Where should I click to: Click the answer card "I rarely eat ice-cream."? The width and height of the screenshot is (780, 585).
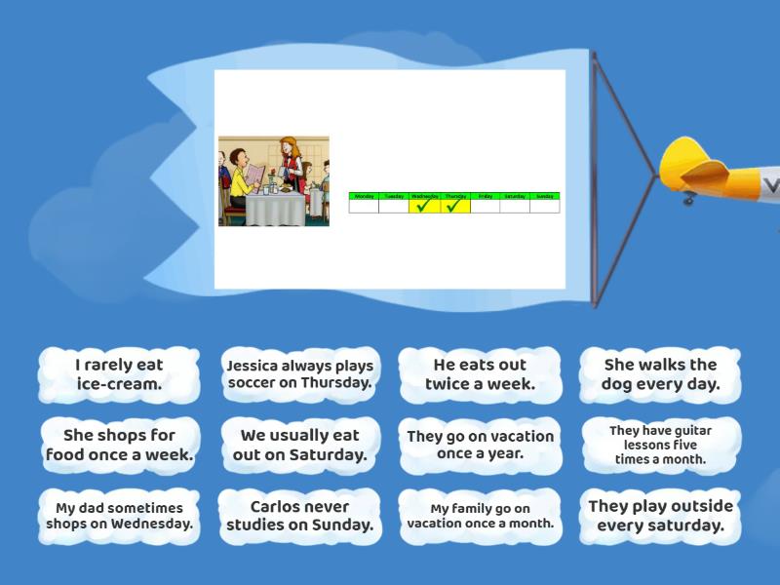pos(119,374)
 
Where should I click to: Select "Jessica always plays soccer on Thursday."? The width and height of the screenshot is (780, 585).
pos(300,374)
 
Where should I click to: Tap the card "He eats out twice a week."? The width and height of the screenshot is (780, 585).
pos(480,374)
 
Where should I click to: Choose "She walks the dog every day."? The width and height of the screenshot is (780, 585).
pos(660,374)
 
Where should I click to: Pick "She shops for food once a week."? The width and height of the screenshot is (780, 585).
pos(119,445)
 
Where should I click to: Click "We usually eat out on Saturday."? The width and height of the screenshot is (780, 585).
pos(300,445)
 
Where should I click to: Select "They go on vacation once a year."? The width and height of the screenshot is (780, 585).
pos(480,445)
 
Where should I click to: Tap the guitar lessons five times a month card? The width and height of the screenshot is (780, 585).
pos(660,445)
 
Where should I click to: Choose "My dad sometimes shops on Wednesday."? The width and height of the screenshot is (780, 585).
pos(119,516)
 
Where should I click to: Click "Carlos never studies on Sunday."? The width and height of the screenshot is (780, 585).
pos(300,516)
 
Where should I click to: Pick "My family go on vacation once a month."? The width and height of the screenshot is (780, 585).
pos(480,516)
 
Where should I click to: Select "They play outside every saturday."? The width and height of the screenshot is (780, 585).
pos(660,516)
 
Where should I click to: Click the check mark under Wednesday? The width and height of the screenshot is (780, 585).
pos(424,206)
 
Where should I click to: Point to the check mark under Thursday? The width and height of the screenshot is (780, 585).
pos(454,206)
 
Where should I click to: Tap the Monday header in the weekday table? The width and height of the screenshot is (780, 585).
pos(364,196)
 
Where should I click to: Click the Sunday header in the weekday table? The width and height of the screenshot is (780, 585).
pos(545,196)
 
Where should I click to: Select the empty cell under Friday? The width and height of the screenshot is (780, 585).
pos(485,206)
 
